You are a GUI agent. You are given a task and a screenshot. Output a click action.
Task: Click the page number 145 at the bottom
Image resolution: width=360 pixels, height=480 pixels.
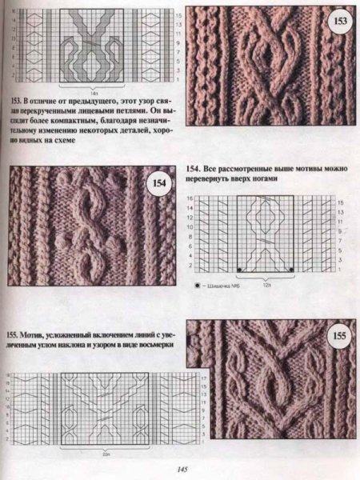click(x=182, y=470)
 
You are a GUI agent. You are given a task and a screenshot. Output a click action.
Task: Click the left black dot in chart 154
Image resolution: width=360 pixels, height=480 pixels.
click(x=238, y=267)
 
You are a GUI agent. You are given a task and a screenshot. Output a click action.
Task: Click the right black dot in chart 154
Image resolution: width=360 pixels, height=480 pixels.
click(x=292, y=267)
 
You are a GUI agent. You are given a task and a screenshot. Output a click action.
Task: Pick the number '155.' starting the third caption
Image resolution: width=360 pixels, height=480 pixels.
click(x=14, y=334)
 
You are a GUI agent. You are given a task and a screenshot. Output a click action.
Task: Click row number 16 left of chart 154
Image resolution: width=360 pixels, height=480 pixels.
click(x=191, y=197)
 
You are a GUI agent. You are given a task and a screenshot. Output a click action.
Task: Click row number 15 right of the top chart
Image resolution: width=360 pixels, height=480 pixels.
click(x=177, y=15)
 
